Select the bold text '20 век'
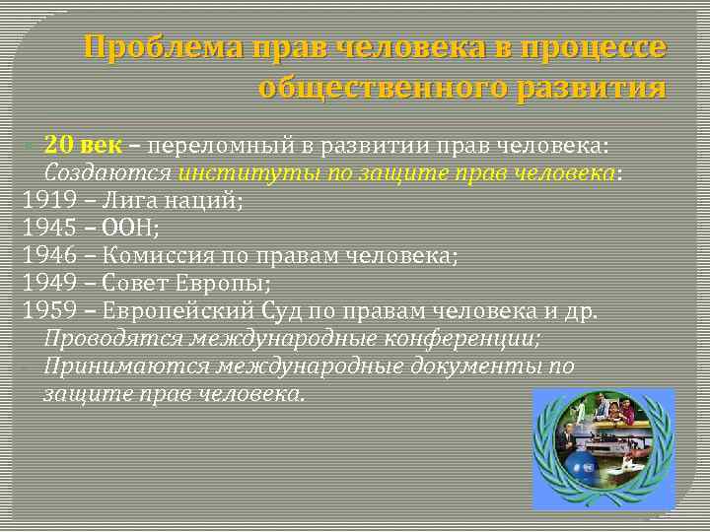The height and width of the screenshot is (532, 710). pyautogui.click(x=83, y=146)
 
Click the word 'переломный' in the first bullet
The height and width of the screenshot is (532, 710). pyautogui.click(x=227, y=146)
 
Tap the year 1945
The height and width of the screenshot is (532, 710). pyautogui.click(x=50, y=229)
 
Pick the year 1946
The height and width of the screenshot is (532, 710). pyautogui.click(x=50, y=256)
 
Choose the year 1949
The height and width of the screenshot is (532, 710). pyautogui.click(x=50, y=284)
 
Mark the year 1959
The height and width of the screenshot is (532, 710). pyautogui.click(x=50, y=311)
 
